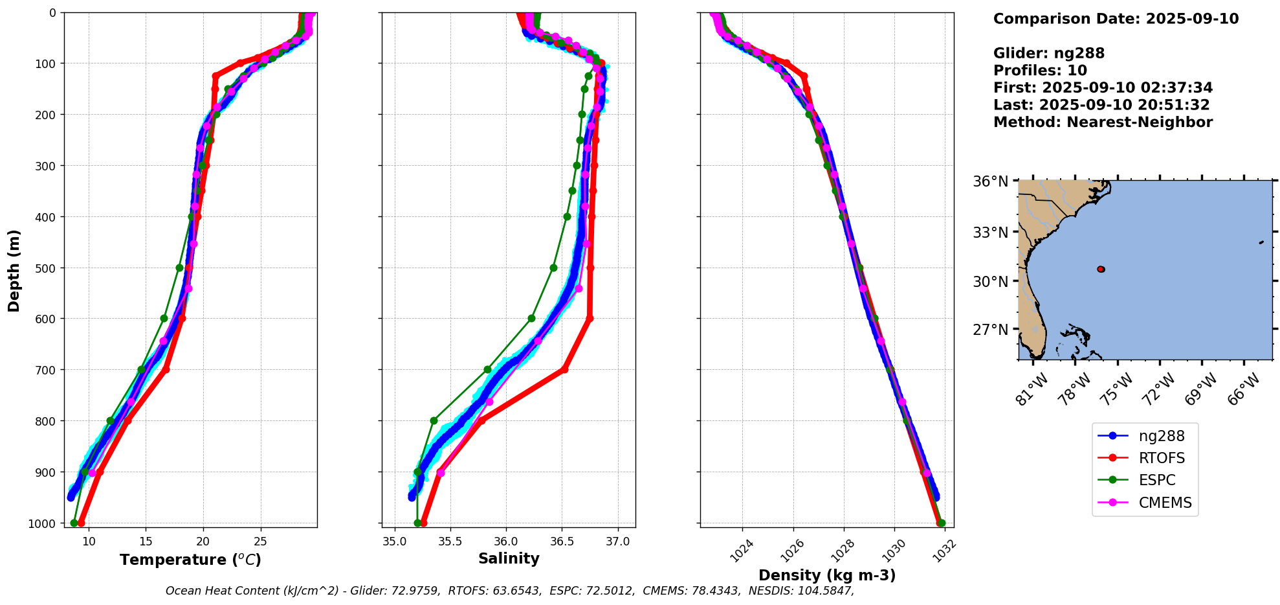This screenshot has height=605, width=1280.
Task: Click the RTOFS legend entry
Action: (x=1162, y=458)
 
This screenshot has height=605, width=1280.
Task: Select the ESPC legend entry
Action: (x=1157, y=480)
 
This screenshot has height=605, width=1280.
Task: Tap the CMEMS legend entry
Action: (x=1165, y=503)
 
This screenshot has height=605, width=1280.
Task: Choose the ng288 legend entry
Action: (x=1162, y=436)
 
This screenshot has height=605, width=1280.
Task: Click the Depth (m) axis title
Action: (x=14, y=270)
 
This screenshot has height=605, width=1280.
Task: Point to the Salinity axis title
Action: (x=509, y=558)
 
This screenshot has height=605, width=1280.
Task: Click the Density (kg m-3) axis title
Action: (x=827, y=575)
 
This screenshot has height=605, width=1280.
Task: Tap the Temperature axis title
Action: (x=190, y=560)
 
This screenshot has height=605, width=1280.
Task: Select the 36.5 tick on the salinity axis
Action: (x=562, y=541)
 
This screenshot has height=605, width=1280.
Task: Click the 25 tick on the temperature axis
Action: (x=260, y=541)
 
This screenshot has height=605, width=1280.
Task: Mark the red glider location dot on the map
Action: (x=1101, y=269)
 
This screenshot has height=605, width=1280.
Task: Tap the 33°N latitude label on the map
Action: (x=991, y=232)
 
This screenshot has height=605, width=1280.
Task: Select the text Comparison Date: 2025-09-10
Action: (x=1116, y=19)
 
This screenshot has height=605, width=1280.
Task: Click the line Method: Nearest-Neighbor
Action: (x=1103, y=122)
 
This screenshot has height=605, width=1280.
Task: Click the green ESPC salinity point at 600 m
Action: (x=531, y=318)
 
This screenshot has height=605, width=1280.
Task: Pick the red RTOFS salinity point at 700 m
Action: (x=564, y=369)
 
